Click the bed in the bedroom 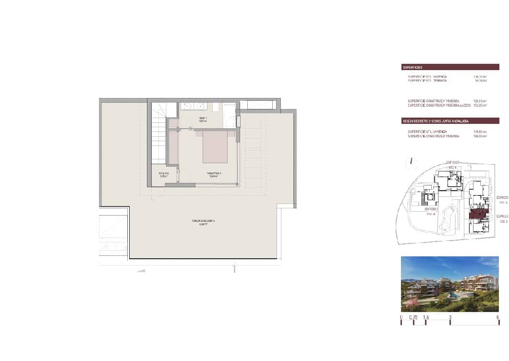coord(215,146)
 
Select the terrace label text coord(203,222)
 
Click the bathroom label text coord(204,119)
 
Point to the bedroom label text coord(213,175)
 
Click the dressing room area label coord(164,175)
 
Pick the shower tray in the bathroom coord(230,115)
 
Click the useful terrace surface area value coord(481,81)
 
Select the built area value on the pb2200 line coord(480,105)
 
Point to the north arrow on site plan coord(412,162)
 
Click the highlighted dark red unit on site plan coord(478,214)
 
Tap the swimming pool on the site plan coord(451,216)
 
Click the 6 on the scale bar coord(498,317)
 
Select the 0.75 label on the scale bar coord(413,317)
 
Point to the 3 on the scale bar coord(450,317)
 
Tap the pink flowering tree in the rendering coord(412,301)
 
